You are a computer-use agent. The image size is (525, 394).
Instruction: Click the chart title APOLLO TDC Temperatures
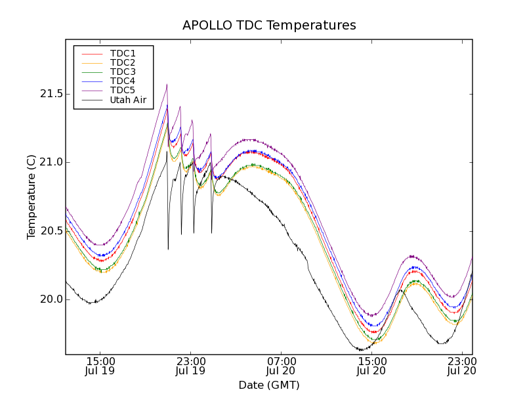click(269, 26)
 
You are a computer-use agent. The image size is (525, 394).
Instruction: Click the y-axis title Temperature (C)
click(31, 196)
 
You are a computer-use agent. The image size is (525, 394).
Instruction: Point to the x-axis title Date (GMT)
click(269, 385)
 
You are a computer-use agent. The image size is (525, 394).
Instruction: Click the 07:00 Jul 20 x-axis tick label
click(281, 366)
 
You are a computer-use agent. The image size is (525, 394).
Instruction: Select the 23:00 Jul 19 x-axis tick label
click(190, 366)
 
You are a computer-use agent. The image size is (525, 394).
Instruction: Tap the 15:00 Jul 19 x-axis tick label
click(100, 366)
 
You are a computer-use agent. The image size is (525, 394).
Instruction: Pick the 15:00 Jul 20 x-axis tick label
click(371, 366)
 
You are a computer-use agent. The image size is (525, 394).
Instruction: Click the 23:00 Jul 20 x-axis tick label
click(462, 366)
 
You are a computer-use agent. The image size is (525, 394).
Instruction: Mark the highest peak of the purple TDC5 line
click(167, 84)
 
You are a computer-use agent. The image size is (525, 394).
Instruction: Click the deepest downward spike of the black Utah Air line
click(168, 249)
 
